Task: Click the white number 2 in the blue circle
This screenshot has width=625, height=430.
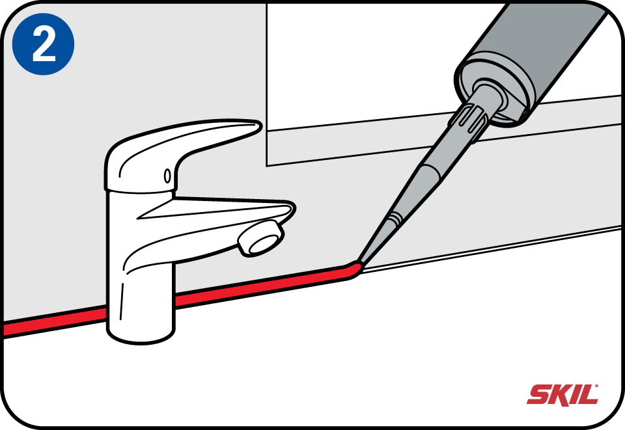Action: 44,45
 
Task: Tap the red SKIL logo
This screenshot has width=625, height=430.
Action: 562,395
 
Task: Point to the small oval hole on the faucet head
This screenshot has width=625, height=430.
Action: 167,176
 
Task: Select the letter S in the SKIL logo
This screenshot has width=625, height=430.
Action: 538,395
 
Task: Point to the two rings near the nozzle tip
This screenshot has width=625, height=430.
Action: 394,218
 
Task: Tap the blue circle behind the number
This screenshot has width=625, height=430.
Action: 43,44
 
